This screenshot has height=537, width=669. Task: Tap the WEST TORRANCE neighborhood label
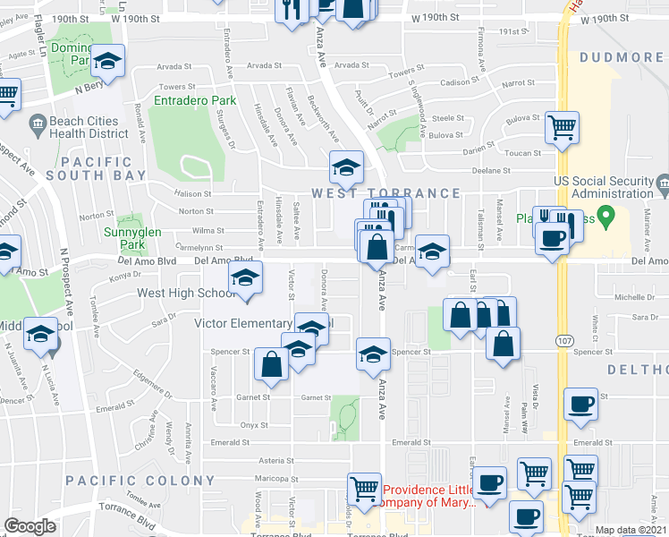(x=385, y=193)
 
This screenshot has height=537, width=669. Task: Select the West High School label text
(x=186, y=293)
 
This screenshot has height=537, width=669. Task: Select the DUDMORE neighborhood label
(x=621, y=58)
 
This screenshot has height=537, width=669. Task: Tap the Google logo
(x=30, y=526)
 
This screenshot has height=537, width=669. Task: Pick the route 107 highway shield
(x=565, y=341)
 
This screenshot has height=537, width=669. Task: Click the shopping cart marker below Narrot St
(x=562, y=127)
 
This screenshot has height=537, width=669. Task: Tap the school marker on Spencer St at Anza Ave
(x=373, y=354)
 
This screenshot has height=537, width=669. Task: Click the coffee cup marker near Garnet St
(x=580, y=404)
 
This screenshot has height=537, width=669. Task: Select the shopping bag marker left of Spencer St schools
(x=271, y=365)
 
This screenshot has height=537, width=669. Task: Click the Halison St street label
(x=193, y=193)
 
